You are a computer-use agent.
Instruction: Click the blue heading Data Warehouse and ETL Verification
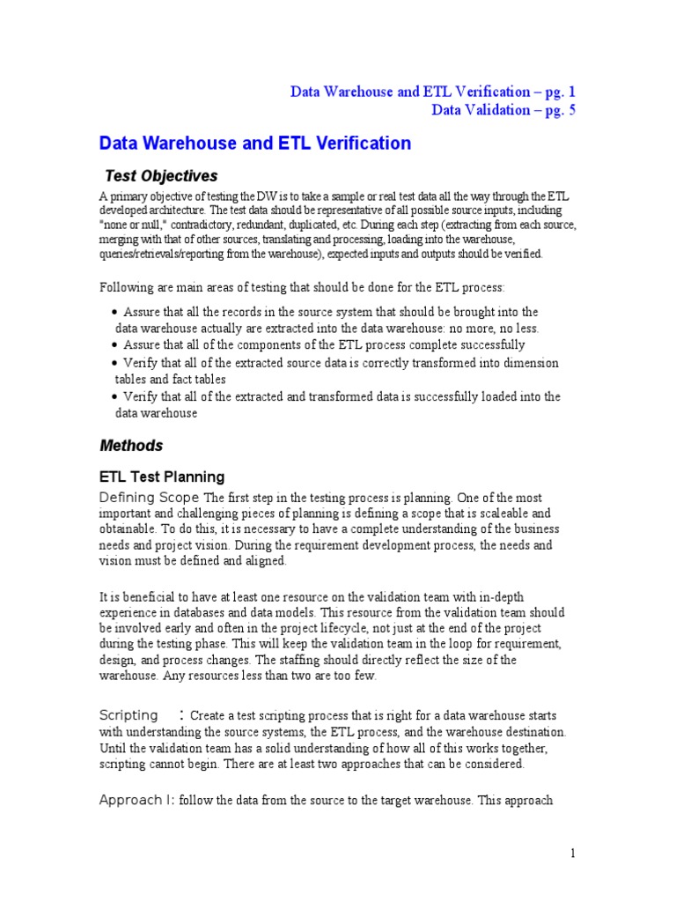click(x=254, y=143)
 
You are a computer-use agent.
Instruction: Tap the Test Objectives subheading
click(x=161, y=175)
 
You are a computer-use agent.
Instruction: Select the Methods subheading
click(x=131, y=446)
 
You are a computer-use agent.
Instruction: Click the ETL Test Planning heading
click(x=162, y=477)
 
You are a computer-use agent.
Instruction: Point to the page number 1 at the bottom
click(x=572, y=853)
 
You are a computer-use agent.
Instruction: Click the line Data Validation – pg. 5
click(x=503, y=110)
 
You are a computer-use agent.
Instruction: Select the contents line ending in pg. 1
click(x=433, y=92)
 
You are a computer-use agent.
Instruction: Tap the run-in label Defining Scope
click(x=150, y=497)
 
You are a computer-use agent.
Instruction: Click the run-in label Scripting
click(x=129, y=715)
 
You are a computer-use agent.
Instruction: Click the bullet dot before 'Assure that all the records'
click(x=115, y=313)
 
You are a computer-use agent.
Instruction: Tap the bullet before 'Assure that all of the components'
click(x=115, y=345)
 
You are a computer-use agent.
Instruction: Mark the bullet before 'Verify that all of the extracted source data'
click(x=115, y=363)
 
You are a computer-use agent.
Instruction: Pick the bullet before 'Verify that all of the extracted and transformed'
click(x=115, y=396)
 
